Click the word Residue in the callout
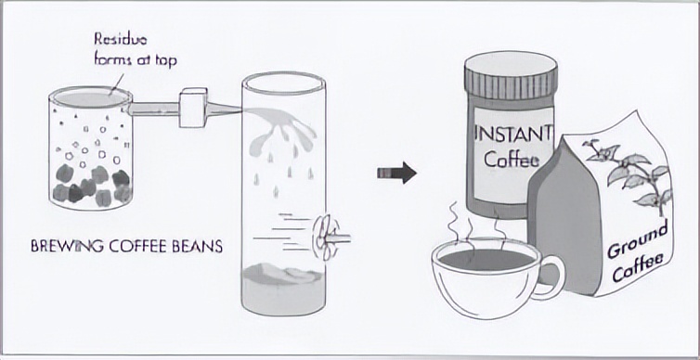coord(120,40)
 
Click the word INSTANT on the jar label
coord(513,133)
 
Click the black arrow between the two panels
coord(396,174)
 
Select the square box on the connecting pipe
coord(193,108)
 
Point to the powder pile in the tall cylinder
coord(283,274)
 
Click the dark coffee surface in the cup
coord(487,259)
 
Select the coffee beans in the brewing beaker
coord(92,186)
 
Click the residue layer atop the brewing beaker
coord(90,98)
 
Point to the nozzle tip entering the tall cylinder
coord(242,109)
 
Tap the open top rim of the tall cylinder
coord(283,84)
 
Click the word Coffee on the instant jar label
coord(512,160)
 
